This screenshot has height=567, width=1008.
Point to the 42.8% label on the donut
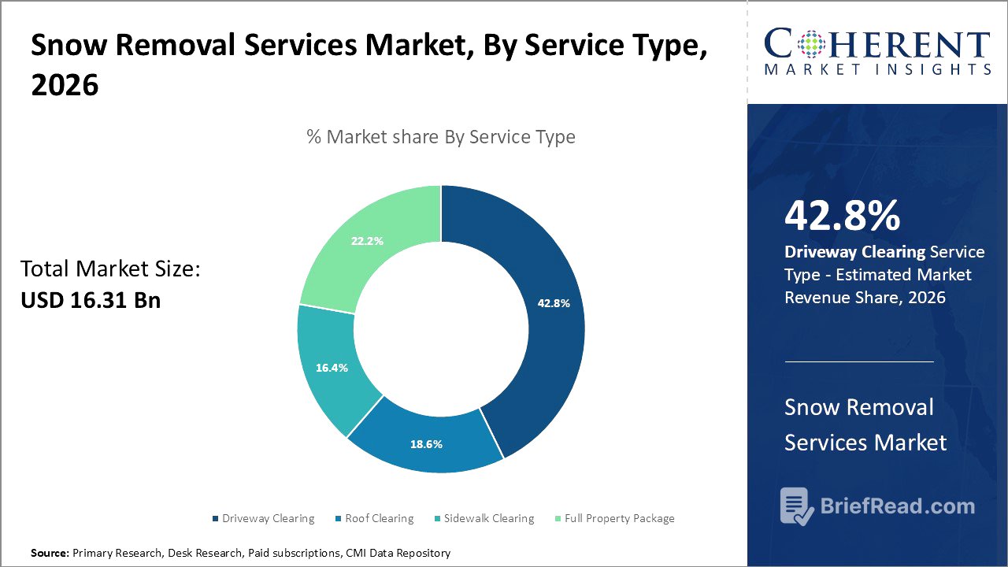[554, 303]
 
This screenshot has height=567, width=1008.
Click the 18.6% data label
[426, 444]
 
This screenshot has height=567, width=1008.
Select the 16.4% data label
[332, 368]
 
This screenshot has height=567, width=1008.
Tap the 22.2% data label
[367, 241]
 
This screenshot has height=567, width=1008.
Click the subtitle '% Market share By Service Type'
[441, 137]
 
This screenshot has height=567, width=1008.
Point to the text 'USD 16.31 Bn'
[91, 300]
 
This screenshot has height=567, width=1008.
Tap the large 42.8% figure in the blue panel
[842, 217]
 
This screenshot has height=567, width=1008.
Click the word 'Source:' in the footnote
[50, 554]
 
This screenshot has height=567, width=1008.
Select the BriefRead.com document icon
[797, 506]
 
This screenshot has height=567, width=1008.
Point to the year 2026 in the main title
[65, 85]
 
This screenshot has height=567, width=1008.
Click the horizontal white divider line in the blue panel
[858, 362]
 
